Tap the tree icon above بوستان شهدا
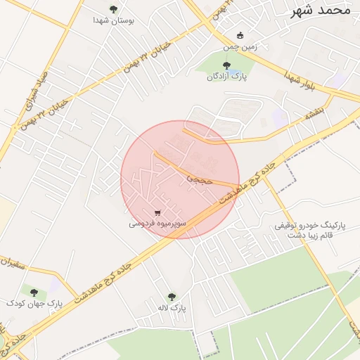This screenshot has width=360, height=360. pos(113,9)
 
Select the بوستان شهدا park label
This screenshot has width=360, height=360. pos(113,20)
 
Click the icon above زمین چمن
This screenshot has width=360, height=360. pos(240,35)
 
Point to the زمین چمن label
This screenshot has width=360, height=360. pos(240,47)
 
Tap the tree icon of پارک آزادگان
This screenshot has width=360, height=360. pos(225,65)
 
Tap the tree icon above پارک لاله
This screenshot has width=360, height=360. pos(172,297)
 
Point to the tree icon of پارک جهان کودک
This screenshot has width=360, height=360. pos(33,291)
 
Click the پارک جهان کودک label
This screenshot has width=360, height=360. pos(34,303)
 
